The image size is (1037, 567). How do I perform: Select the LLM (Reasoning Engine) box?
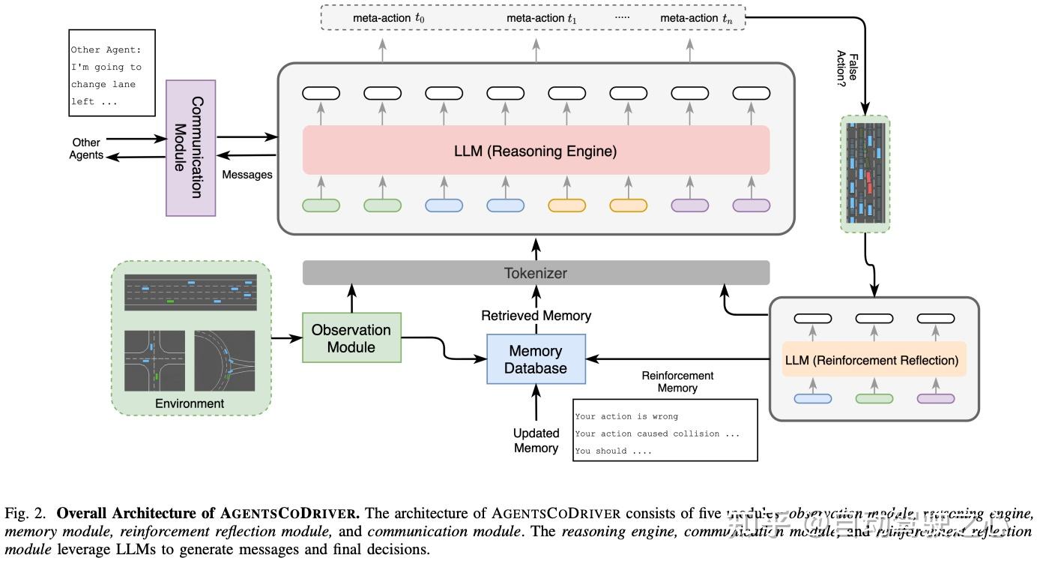point(535,151)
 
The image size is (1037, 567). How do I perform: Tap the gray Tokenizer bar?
point(535,273)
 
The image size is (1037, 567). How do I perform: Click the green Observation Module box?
point(351,338)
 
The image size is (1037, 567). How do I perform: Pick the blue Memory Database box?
point(535,359)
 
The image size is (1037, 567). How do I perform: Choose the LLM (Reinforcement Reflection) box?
point(871,360)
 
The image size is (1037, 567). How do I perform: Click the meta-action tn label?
point(696,17)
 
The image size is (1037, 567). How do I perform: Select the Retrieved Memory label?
point(536,316)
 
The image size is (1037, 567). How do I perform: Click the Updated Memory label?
point(536,440)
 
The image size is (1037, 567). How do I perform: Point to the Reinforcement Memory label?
point(677,382)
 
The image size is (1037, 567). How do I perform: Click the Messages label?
point(247,175)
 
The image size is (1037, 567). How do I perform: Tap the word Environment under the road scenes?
point(190,403)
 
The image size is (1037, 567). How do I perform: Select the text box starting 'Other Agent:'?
point(112,73)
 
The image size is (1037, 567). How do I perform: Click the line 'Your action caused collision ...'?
point(657,433)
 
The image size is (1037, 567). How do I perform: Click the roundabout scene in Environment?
point(224,361)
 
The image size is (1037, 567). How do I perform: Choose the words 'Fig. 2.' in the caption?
point(28,514)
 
